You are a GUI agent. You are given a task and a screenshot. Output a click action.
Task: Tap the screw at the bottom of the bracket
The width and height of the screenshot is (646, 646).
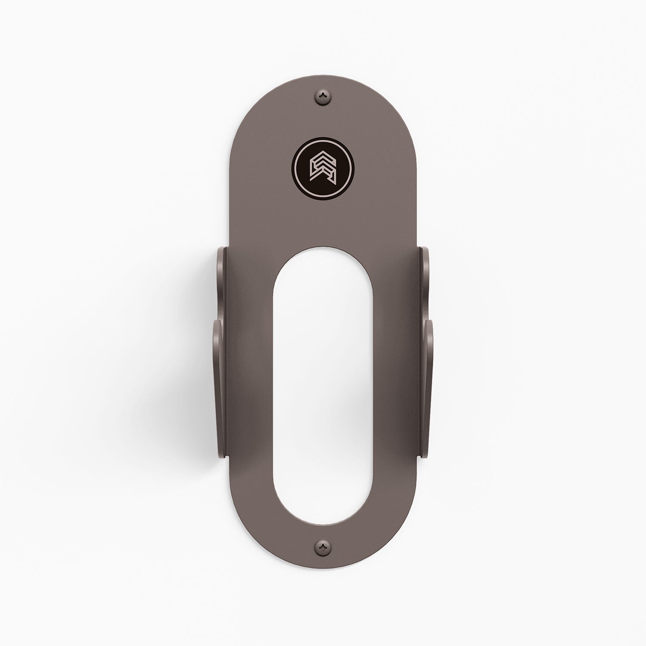(x=323, y=547)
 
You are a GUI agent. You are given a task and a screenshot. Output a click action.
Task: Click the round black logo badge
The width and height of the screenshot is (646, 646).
(x=323, y=166)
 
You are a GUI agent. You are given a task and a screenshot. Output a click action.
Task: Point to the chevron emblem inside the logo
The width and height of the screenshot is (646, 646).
(x=323, y=166)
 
